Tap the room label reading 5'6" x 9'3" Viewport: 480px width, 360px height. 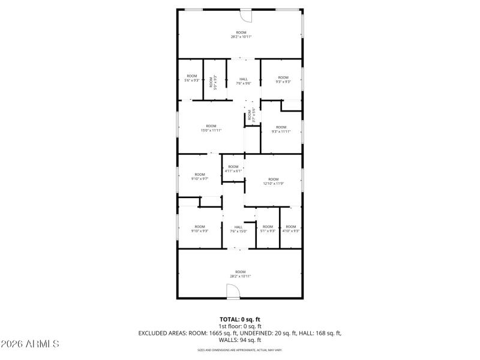point(191,79)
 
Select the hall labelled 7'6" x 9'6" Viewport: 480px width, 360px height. point(243,81)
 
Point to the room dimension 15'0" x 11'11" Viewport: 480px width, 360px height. point(211,128)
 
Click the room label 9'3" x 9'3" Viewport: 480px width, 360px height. point(283,79)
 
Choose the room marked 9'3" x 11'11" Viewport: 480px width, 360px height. point(281,129)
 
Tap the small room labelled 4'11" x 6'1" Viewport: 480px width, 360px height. point(233,169)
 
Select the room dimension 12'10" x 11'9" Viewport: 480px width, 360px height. point(273,181)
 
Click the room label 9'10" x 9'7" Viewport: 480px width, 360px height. point(199,176)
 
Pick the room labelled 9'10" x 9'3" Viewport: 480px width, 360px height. point(199,229)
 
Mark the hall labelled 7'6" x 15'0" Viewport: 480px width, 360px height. point(238,229)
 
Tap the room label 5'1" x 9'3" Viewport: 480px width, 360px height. point(268,229)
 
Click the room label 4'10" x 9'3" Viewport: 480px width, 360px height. point(290,229)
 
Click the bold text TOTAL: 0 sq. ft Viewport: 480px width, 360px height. point(240,319)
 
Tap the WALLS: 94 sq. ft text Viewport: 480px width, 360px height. point(240,340)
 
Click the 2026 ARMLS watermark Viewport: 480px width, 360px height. point(30,344)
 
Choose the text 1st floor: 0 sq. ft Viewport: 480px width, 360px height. point(240,326)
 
